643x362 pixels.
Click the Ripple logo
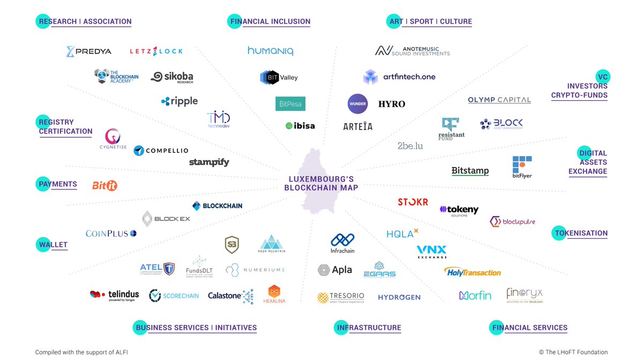(180, 101)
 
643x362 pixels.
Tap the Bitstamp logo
(470, 171)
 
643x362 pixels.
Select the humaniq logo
(270, 51)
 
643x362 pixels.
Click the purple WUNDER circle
(357, 104)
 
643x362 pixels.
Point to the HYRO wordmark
(392, 104)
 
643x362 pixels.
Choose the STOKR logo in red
(413, 202)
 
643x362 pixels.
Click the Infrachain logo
(342, 243)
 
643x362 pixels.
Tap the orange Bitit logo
(104, 186)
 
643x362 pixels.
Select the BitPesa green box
(290, 104)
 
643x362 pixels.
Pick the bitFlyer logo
(522, 167)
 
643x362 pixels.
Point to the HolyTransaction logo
(472, 272)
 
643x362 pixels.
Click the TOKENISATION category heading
(581, 233)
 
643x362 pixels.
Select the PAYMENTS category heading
(58, 184)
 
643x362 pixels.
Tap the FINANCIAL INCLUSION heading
(270, 22)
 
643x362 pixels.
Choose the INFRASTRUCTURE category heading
(369, 328)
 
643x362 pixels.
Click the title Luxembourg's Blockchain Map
(321, 183)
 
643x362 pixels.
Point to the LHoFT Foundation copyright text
(573, 352)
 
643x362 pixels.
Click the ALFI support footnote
(81, 352)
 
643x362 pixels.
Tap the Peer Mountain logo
(272, 244)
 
